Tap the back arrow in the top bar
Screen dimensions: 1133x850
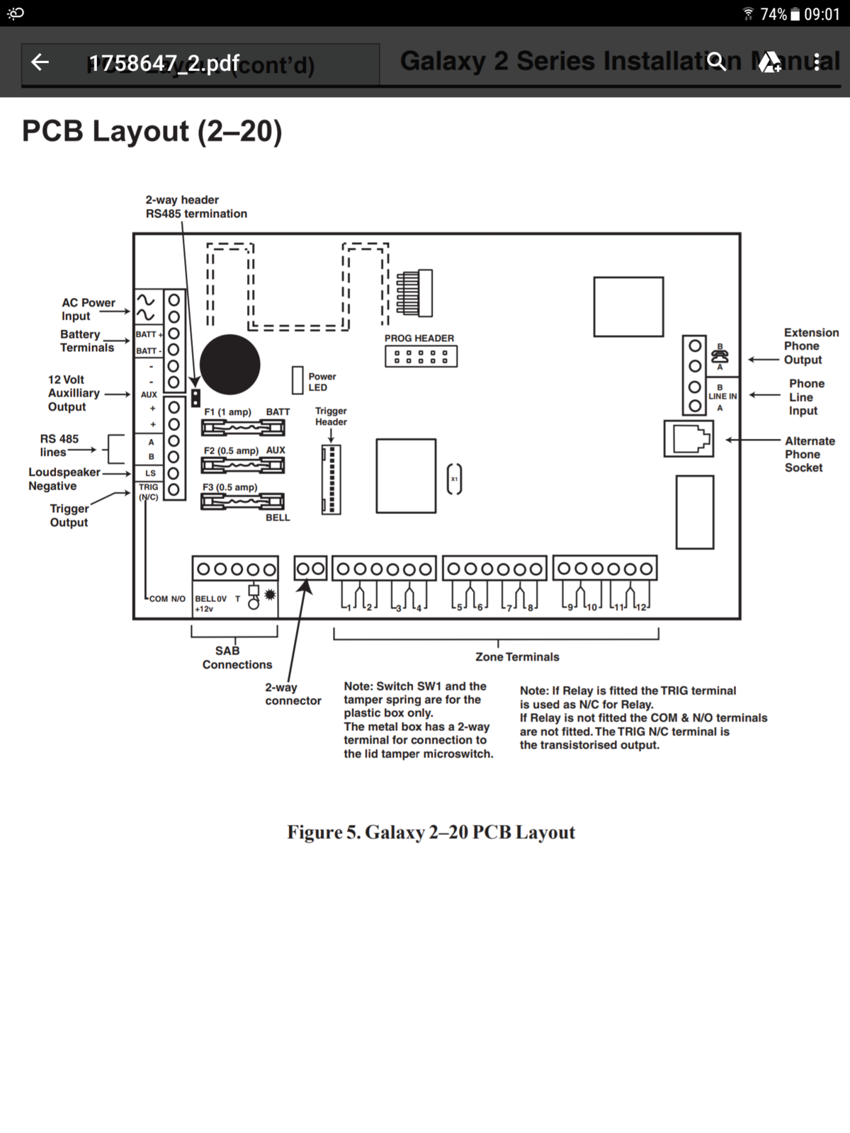(40, 62)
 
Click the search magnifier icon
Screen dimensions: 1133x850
(717, 62)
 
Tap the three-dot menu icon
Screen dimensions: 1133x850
(817, 62)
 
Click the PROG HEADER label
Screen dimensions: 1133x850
(419, 338)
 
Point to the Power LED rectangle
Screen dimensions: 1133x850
(297, 380)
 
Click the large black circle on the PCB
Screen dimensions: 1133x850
(229, 365)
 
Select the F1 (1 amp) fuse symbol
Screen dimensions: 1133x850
(243, 428)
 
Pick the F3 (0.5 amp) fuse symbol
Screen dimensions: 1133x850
(243, 502)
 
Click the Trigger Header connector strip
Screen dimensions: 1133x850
(331, 479)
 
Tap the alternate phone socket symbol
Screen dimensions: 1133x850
(688, 439)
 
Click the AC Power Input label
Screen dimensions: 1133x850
(88, 309)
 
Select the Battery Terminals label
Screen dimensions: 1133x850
(86, 341)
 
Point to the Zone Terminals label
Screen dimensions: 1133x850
(517, 657)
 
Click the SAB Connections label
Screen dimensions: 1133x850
(236, 658)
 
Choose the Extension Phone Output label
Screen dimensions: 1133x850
(810, 346)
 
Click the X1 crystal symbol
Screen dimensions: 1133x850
(455, 479)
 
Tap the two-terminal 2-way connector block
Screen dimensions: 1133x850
(310, 569)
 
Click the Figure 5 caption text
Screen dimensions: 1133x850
(431, 832)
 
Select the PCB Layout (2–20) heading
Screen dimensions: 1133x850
(152, 132)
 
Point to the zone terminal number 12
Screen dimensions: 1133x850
(640, 608)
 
